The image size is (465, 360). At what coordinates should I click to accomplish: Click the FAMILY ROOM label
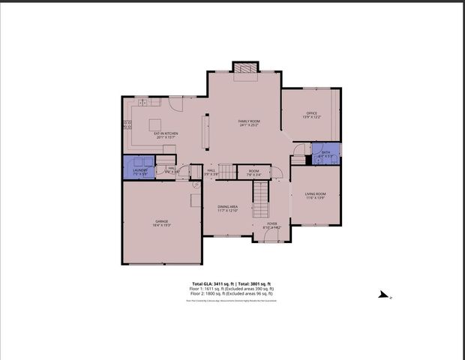coord(249,121)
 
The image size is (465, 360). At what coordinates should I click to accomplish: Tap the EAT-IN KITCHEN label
coord(166,133)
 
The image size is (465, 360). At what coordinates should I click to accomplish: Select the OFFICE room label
coord(311,113)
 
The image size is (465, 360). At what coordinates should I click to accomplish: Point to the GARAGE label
coord(162,220)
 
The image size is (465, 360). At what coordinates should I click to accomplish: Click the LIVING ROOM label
coord(315,194)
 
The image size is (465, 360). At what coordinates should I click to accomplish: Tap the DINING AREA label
coord(228,206)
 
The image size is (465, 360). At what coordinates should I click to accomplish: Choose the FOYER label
coord(271,223)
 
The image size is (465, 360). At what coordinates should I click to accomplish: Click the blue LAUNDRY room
coord(139,168)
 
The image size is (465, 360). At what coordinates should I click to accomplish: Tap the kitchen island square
coord(156,124)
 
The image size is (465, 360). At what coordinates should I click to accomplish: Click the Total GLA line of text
coord(232,283)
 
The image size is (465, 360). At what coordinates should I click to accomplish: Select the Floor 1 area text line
coord(232,289)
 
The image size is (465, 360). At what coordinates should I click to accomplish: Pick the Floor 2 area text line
coord(232,294)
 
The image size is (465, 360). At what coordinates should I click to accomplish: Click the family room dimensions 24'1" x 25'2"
coord(249,125)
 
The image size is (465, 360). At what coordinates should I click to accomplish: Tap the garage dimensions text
coord(162,225)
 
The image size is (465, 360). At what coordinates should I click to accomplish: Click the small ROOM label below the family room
coord(253,171)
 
